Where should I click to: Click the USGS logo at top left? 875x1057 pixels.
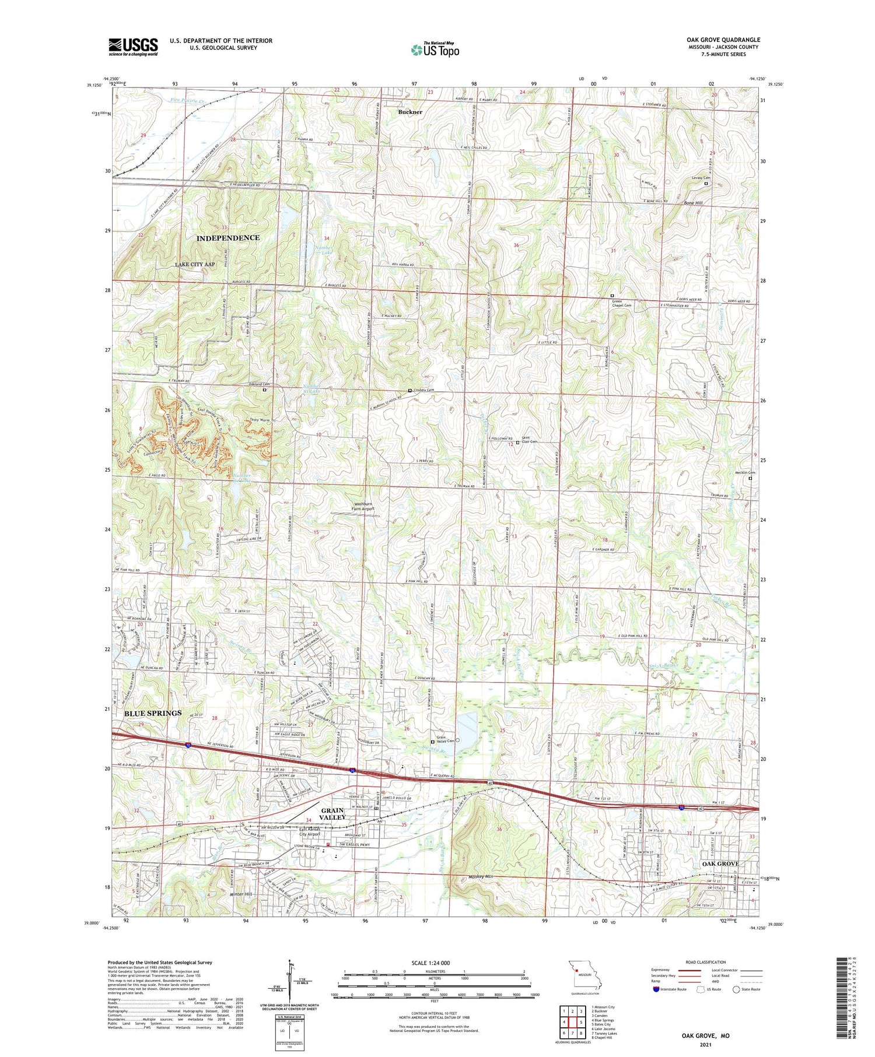133,47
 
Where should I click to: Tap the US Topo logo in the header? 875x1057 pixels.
435,50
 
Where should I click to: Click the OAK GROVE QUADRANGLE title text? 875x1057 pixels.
723,40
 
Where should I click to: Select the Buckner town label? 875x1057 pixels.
410,111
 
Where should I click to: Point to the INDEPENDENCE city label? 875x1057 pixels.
228,238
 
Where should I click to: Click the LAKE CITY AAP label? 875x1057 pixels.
195,264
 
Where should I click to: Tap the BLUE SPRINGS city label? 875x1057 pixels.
152,713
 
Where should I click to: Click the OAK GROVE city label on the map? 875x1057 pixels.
720,863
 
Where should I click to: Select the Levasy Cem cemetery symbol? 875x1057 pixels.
706,184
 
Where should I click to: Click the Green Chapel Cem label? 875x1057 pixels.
621,303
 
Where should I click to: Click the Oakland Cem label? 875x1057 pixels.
259,384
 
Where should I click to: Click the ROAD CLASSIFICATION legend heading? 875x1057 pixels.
705,962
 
